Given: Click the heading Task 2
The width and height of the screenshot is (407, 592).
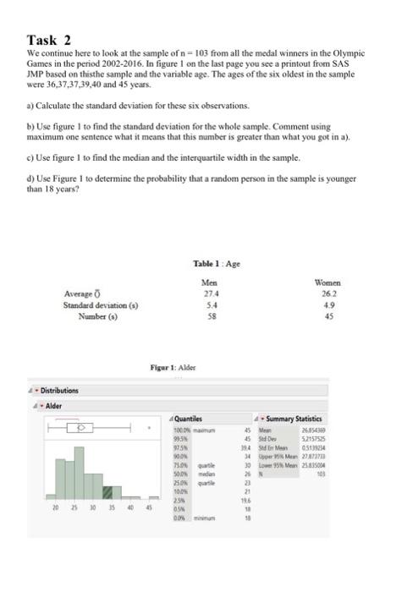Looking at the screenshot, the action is [x=49, y=40].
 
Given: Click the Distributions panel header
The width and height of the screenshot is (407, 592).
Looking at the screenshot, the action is [x=59, y=391].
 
